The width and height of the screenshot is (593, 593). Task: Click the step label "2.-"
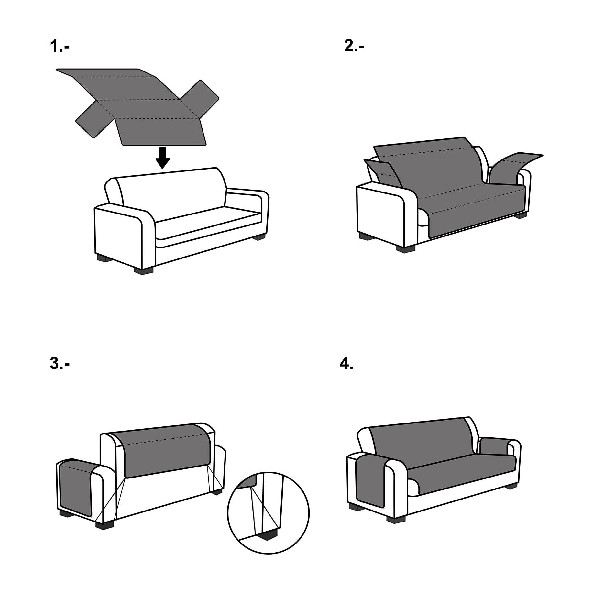tap(354, 46)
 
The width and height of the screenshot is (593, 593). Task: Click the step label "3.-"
tap(60, 364)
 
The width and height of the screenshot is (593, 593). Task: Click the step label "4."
tap(346, 364)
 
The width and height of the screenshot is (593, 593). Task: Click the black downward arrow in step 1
tap(162, 158)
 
